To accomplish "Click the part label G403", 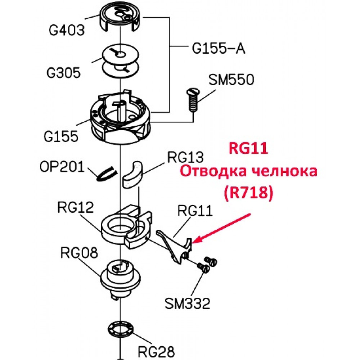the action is coord(67,30).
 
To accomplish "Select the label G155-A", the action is coord(219,49).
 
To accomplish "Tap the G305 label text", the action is coord(64,73).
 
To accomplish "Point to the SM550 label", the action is coord(231,80).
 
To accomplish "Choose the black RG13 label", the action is coord(185,157).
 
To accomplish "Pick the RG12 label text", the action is coord(76,207).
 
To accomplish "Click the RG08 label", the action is coord(79,252).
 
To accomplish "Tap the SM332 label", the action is coord(187,303).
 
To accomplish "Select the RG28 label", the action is coord(156,351).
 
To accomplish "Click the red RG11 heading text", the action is coord(248,148).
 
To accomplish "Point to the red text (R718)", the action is coord(249,192).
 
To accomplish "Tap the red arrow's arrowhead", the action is coord(195,241).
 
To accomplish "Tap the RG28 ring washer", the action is coord(121,329).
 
